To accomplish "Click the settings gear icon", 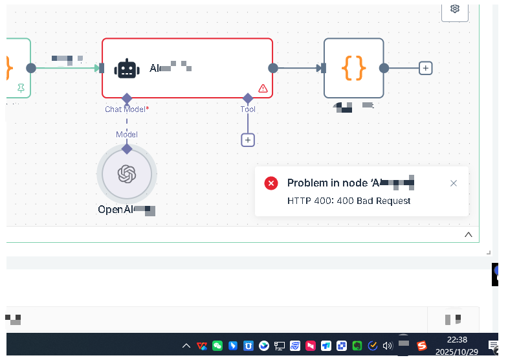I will coord(455,8).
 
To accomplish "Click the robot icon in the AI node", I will coord(127,68).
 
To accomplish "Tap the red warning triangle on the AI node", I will coord(263,88).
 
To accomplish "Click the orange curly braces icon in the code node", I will coord(354,67).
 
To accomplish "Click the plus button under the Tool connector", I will coord(248,139).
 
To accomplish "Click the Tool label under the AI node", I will coord(248,109).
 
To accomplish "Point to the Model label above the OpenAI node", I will coord(127,134).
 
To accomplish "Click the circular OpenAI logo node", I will coord(126,174).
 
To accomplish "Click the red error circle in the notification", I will coord(271,183).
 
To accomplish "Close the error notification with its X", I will coord(454,183).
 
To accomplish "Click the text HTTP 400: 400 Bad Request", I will coord(349,201).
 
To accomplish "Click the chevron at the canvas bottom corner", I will coord(469,234).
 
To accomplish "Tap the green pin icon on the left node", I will coord(21,88).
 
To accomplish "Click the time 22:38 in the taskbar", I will coord(457,339).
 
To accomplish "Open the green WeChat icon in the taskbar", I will coord(217,346).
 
